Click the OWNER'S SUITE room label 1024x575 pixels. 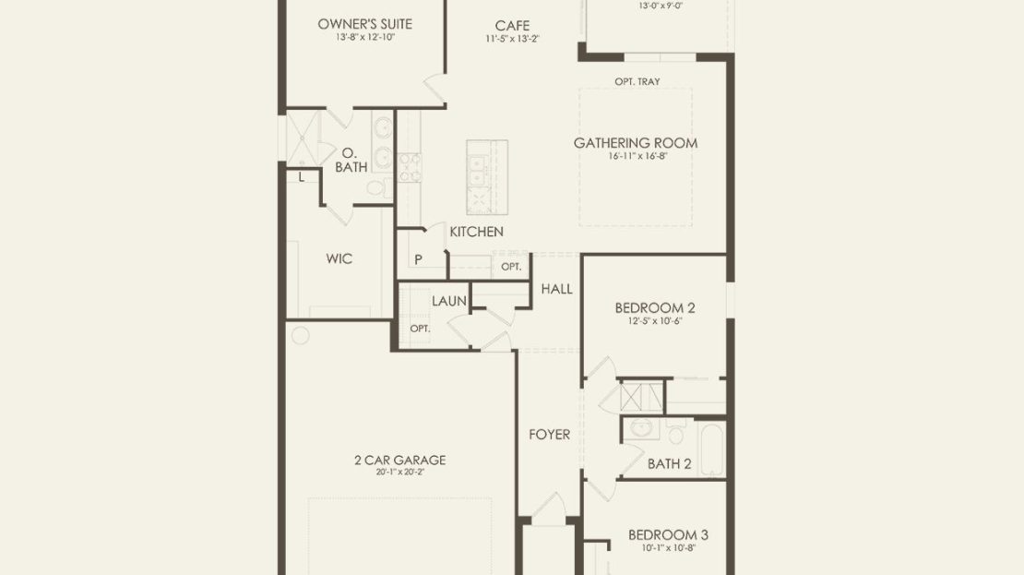coord(365,24)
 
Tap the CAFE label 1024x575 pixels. coord(512,26)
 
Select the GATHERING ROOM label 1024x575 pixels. coord(636,142)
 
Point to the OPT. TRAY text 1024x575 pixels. coord(637,81)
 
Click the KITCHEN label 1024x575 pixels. coord(477,232)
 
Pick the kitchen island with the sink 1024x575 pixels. coord(486,177)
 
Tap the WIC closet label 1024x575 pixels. coord(339,258)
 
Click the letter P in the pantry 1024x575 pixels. coord(418,259)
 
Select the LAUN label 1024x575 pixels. coord(449,301)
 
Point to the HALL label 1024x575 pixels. coord(556,289)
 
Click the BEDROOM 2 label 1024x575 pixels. coord(655,307)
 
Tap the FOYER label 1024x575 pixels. coord(549,435)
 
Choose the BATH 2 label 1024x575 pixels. coord(670,464)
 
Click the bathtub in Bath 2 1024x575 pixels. coord(711,449)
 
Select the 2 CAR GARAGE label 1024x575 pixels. coord(400,460)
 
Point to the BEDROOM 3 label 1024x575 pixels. coord(668,534)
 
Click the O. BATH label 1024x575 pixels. coord(351,160)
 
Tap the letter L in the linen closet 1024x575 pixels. coord(301,176)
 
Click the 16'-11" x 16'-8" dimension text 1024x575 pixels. coord(637,156)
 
